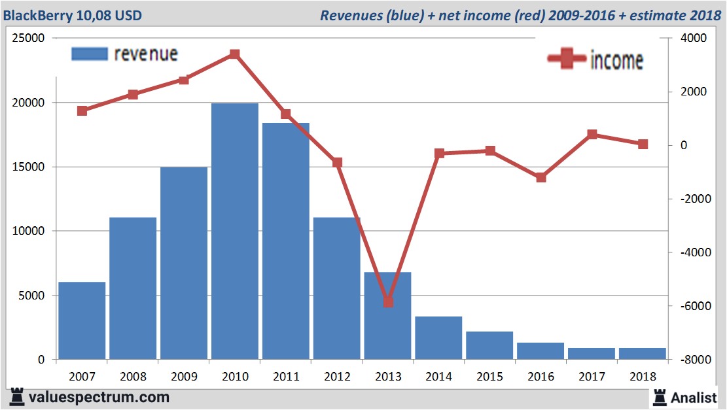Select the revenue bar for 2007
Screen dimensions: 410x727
tap(82, 320)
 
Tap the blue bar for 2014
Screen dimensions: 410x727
tap(438, 337)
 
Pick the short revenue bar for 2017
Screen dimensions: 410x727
tap(592, 353)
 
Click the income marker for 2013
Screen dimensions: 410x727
tap(388, 302)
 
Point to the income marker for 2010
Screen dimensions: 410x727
tap(235, 54)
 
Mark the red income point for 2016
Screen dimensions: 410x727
tap(541, 177)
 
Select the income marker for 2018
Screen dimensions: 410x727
tap(643, 145)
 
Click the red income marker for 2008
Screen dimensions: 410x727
tap(133, 94)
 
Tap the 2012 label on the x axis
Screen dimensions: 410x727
tap(337, 377)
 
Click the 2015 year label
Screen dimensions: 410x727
tap(490, 377)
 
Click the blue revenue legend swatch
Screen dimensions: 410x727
tap(89, 54)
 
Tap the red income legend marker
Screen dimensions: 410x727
tap(567, 60)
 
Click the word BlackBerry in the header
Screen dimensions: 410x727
tap(35, 14)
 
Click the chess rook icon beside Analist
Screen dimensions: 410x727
tap(659, 397)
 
